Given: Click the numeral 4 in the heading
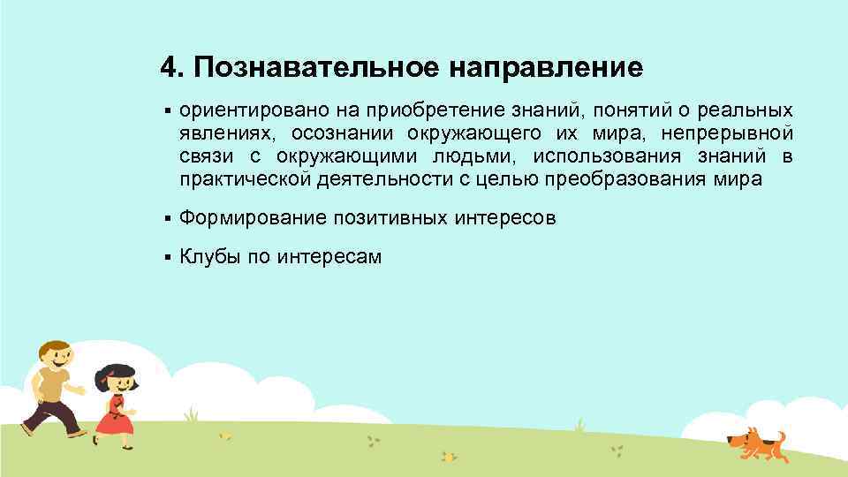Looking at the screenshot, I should pos(168,68).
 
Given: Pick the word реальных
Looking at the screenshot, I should pos(745,111).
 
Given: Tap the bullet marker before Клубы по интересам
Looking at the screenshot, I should pos(166,258).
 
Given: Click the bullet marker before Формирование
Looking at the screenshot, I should pos(166,217).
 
